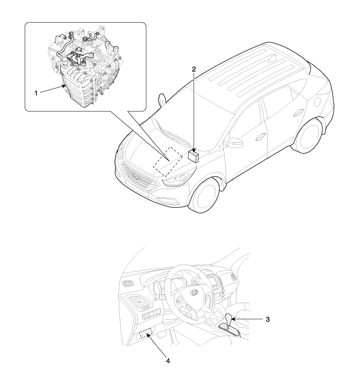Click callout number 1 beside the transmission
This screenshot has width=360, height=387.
pos(36,94)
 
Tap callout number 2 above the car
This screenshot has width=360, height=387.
pos(194,69)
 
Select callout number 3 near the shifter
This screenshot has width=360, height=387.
pos(267,319)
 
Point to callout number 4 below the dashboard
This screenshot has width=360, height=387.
pos(168,361)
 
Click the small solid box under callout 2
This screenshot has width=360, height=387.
pos(193,156)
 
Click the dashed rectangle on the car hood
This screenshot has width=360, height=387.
pos(168,162)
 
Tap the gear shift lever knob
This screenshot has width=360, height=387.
pos(229,318)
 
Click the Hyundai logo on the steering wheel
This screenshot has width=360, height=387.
pos(194,292)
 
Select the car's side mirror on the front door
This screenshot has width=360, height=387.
pos(234,143)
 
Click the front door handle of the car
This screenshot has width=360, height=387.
pos(261,136)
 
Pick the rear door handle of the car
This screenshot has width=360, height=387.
pos(298,112)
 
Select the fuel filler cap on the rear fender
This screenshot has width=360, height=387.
pos(317,101)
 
